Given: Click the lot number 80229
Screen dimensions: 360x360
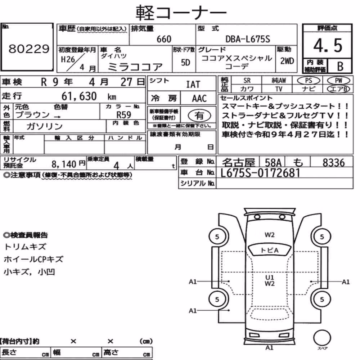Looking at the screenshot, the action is coord(29,49).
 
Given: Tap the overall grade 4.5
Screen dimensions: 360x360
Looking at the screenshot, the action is coord(328,45).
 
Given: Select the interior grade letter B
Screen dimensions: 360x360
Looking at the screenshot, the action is coord(340,66).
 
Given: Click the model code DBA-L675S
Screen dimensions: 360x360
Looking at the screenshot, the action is coord(248,39).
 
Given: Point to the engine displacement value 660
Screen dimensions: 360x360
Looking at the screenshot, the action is coord(164,39).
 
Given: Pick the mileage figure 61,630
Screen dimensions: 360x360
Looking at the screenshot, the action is coord(79,96).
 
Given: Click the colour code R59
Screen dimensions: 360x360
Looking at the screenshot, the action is coord(124,114).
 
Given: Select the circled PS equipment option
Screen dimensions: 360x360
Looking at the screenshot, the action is coord(309,80).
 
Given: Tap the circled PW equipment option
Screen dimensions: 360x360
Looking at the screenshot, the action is coord(338,80).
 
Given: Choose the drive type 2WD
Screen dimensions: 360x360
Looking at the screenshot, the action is coord(287,61).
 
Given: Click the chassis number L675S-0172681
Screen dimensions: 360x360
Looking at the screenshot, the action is coord(260,173).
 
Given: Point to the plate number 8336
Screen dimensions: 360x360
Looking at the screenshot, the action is coord(334,163).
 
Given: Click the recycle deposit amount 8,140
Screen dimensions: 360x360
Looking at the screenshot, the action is coord(64,164).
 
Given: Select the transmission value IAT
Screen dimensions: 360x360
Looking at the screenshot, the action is coord(193,85).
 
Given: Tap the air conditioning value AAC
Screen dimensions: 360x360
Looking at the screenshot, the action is coord(199,99).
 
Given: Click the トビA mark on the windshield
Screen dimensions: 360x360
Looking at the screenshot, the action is coord(270,250).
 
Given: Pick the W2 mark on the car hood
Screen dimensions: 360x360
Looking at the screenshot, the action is coord(270,235).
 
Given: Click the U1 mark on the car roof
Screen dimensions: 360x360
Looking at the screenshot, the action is coord(270,277).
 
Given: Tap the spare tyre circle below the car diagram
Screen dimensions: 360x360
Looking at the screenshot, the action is coord(322,338).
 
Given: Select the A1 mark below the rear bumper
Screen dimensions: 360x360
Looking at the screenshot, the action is coord(269,348).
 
